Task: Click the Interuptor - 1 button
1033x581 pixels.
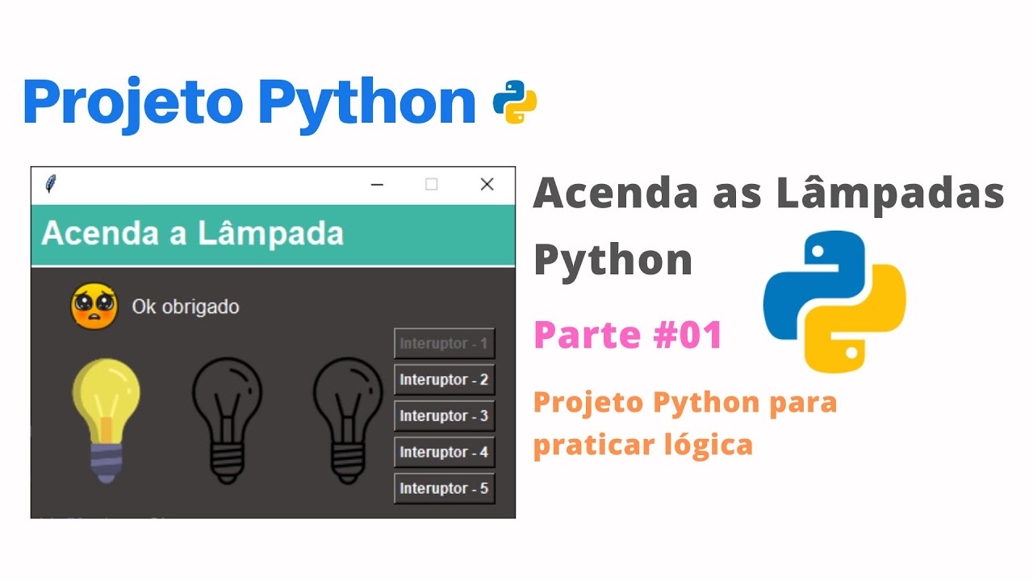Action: [444, 343]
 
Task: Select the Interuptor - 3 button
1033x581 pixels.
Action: [444, 416]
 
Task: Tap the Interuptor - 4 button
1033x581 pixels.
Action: [444, 452]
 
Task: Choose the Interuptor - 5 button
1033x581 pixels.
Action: [444, 488]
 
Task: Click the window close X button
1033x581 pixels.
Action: [487, 185]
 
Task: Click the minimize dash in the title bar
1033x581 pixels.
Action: [377, 185]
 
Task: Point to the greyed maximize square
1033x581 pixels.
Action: [432, 185]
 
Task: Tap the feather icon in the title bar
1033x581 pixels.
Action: [51, 183]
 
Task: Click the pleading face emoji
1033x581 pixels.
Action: [94, 306]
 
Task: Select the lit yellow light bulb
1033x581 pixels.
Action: [107, 420]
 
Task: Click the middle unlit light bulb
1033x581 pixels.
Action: [227, 420]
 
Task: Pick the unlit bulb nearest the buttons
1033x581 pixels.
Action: [348, 420]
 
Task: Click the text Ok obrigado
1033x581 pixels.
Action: [186, 307]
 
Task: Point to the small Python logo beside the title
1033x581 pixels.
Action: [515, 102]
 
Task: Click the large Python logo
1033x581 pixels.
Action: [834, 302]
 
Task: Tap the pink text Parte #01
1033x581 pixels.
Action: [628, 334]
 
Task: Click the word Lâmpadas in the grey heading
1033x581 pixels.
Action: [890, 194]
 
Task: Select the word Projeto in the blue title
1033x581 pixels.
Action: [133, 102]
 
